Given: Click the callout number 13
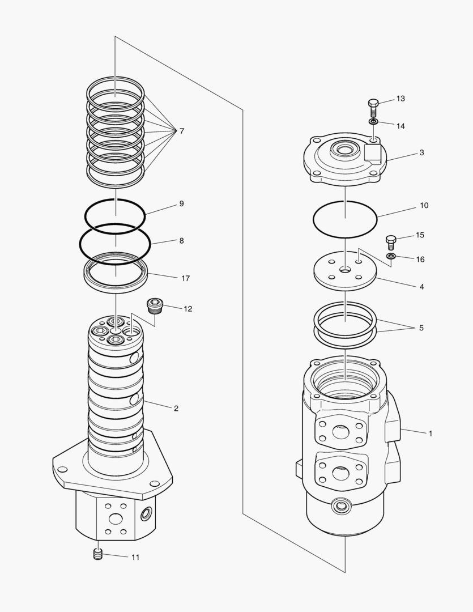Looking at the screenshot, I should [x=400, y=99].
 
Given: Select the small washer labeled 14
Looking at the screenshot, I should [x=373, y=121].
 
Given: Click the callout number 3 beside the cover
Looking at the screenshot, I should [x=421, y=152].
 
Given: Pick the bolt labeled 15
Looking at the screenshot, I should [x=390, y=241].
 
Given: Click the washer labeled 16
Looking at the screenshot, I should [x=390, y=257].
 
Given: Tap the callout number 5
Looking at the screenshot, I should [x=421, y=328].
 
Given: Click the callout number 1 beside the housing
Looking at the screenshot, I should [x=431, y=433].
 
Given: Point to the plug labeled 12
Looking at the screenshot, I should [x=154, y=307].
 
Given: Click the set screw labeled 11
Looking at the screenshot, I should [x=97, y=555].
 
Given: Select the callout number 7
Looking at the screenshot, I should [x=181, y=131].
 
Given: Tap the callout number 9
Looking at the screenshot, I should [x=181, y=203].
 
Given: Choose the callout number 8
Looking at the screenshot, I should [x=181, y=240].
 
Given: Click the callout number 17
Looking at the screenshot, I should [x=185, y=278].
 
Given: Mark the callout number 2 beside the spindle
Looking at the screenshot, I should [x=176, y=408].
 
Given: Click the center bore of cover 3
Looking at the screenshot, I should [x=344, y=151].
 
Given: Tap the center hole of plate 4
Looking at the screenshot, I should [x=344, y=270].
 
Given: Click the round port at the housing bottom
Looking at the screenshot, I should [x=342, y=504].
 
